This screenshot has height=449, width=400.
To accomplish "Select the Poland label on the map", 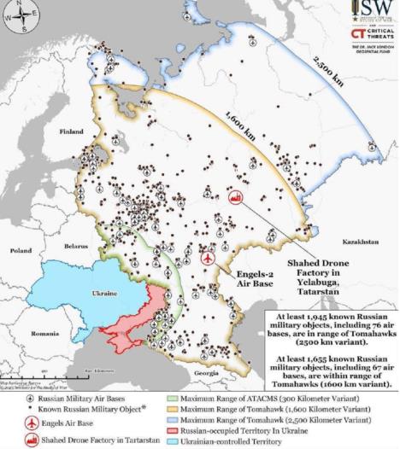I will [18, 252].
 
